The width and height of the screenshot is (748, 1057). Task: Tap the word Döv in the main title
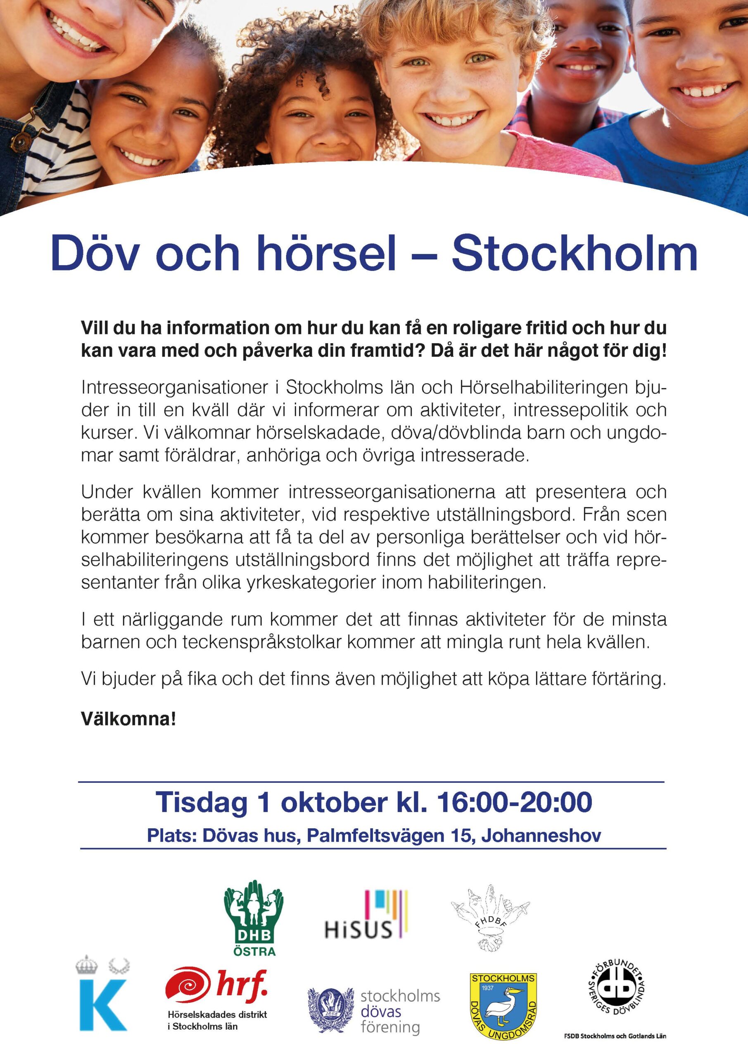[95, 254]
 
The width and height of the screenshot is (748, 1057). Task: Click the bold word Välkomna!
[128, 718]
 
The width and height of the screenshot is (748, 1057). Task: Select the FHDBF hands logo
[491, 917]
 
